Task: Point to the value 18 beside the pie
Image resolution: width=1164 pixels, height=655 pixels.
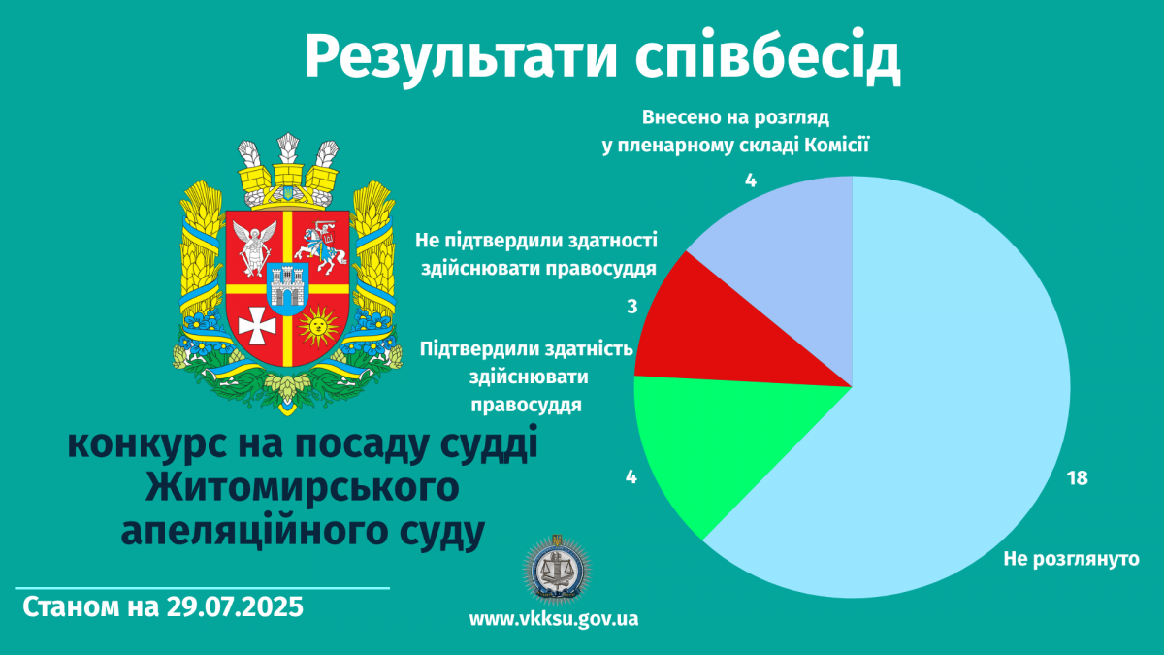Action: pyautogui.click(x=1078, y=478)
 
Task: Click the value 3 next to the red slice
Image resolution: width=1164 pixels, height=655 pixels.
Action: pyautogui.click(x=631, y=307)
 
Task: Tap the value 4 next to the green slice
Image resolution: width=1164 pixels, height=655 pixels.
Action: pyautogui.click(x=630, y=477)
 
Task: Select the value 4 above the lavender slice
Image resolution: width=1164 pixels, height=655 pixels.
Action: pyautogui.click(x=751, y=180)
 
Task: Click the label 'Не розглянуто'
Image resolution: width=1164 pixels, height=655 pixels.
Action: pyautogui.click(x=1072, y=559)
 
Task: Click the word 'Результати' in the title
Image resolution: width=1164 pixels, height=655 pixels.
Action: pyautogui.click(x=461, y=57)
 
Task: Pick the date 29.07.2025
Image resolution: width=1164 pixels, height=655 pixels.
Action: pyautogui.click(x=235, y=607)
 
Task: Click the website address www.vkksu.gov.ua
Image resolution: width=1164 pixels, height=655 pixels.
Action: pyautogui.click(x=554, y=619)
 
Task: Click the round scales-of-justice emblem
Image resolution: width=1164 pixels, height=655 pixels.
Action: pyautogui.click(x=557, y=570)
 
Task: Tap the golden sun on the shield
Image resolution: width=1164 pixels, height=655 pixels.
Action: pyautogui.click(x=318, y=326)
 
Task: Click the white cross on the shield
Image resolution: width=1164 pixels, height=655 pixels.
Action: pyautogui.click(x=257, y=325)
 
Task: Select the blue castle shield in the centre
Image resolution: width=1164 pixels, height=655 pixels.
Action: pyautogui.click(x=288, y=289)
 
